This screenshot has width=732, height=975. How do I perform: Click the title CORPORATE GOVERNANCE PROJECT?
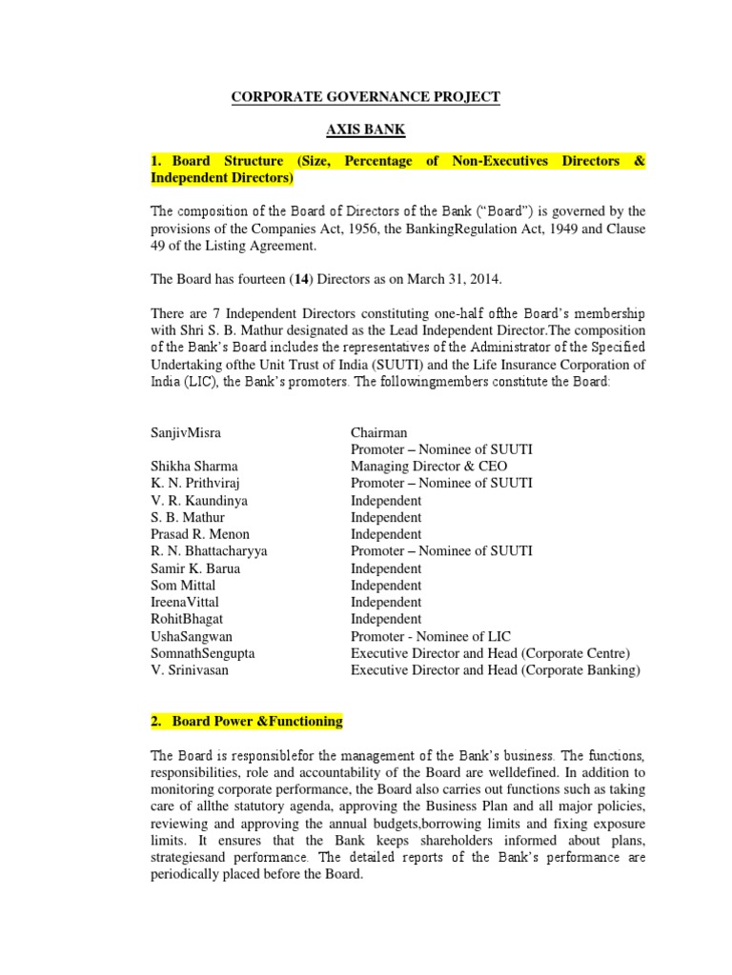367,97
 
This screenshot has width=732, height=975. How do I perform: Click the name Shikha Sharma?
194,467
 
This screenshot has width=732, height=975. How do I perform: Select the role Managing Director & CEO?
429,467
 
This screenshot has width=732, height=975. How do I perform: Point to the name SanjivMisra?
186,432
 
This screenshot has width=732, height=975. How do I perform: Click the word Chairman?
378,432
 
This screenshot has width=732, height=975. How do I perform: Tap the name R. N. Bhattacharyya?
209,551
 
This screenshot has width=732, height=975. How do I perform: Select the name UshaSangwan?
192,636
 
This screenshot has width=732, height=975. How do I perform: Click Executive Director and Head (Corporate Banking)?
496,670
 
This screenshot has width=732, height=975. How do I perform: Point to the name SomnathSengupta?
203,653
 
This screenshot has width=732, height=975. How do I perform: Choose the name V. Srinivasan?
190,670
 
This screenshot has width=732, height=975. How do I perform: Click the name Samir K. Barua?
195,568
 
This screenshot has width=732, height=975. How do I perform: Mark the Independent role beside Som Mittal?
386,586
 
